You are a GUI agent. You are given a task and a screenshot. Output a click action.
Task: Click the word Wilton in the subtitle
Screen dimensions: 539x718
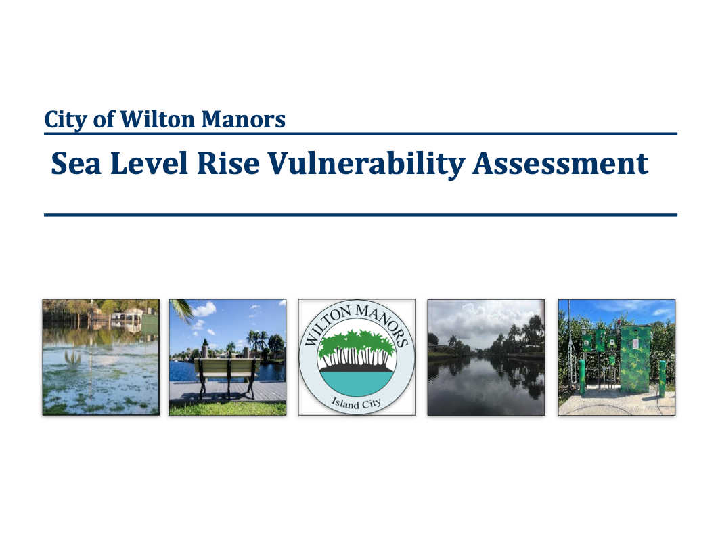tap(160, 120)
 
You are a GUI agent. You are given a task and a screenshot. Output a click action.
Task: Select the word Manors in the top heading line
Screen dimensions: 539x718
tap(244, 120)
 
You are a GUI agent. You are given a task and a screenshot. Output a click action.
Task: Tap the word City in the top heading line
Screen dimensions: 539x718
tap(66, 120)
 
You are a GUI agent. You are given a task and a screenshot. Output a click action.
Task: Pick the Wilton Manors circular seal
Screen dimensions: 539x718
tap(357, 357)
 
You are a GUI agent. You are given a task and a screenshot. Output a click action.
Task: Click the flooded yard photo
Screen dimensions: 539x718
tap(101, 357)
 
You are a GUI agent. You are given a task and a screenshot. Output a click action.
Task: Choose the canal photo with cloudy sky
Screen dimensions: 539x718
tap(486, 357)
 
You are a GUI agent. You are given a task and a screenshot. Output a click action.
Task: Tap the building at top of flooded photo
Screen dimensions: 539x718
tap(129, 315)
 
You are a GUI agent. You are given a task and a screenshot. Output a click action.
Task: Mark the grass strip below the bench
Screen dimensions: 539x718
tap(227, 408)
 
